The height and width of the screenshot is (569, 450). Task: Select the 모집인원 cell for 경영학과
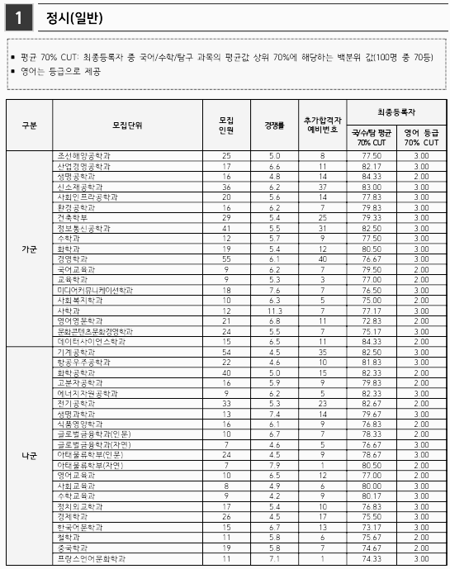click(x=226, y=258)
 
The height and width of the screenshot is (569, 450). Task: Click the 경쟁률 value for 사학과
click(x=274, y=311)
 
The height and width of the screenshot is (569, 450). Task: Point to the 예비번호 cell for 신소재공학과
click(x=323, y=187)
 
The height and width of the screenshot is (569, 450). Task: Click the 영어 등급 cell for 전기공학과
click(x=421, y=403)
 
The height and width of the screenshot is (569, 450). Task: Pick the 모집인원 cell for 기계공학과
click(x=226, y=352)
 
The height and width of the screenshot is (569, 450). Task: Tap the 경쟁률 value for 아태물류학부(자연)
click(x=274, y=465)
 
